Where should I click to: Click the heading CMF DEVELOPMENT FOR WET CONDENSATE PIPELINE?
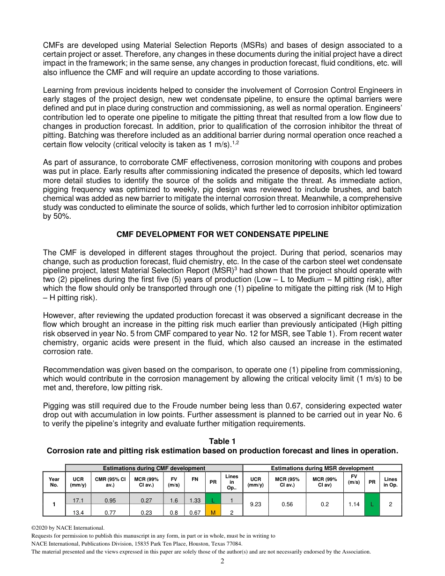[x=222, y=234]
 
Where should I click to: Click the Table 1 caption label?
[x=222, y=441]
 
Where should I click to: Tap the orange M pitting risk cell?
[x=213, y=512]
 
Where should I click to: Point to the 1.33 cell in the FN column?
[x=195, y=501]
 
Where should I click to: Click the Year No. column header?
[x=54, y=482]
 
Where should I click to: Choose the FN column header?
[x=195, y=479]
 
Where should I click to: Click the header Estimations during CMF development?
[x=154, y=468]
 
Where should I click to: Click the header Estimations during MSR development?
[x=322, y=468]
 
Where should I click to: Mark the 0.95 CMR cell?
[x=111, y=501]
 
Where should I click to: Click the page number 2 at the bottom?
[x=222, y=561]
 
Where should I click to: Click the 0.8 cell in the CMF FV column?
[x=174, y=512]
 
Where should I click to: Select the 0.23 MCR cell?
[x=148, y=512]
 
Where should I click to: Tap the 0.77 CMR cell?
[x=111, y=512]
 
